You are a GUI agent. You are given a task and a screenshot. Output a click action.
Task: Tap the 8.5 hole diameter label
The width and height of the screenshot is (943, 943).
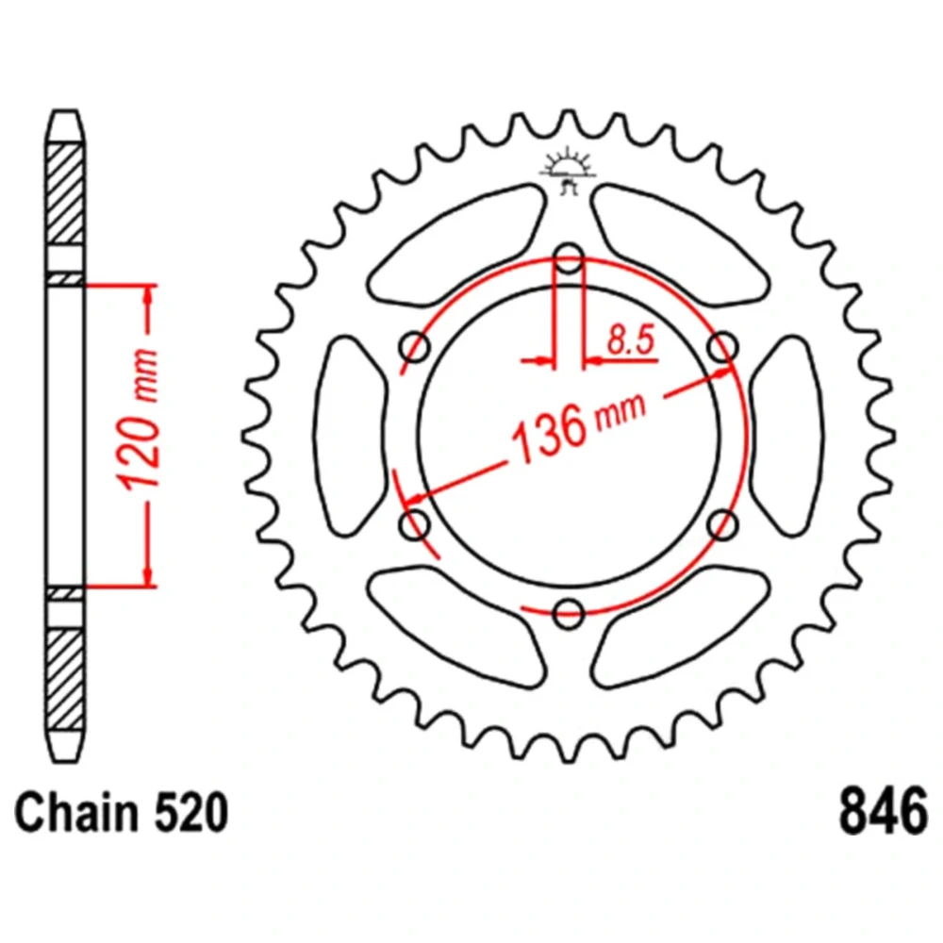point(630,339)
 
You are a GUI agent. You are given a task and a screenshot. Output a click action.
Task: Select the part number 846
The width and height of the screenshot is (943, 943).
point(883,812)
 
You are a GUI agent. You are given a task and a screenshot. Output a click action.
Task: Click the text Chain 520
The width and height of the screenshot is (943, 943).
point(121,813)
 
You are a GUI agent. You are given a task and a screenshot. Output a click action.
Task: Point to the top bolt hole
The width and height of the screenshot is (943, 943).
point(569,258)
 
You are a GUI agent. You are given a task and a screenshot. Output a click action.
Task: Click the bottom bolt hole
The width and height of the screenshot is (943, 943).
point(569,614)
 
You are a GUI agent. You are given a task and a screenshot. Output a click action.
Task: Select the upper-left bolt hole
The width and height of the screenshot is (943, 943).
point(415,347)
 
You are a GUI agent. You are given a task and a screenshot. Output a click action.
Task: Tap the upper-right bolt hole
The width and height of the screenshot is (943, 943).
point(723,347)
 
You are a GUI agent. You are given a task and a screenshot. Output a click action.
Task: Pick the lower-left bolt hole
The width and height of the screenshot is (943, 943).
point(414,524)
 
